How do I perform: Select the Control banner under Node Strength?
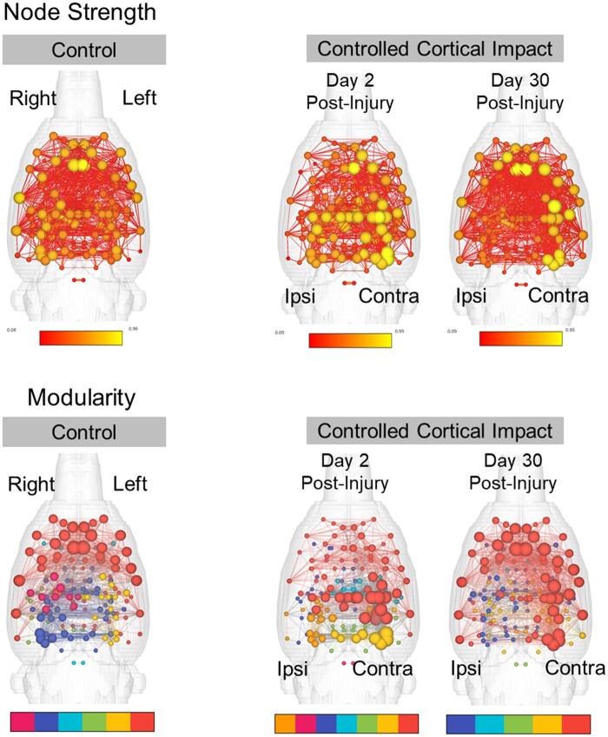coord(85,49)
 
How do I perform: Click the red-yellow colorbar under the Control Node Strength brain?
coord(81,339)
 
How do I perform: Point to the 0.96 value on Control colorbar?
coord(133,329)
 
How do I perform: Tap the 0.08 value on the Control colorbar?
coord(12,330)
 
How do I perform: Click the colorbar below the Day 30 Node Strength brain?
coord(520,339)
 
